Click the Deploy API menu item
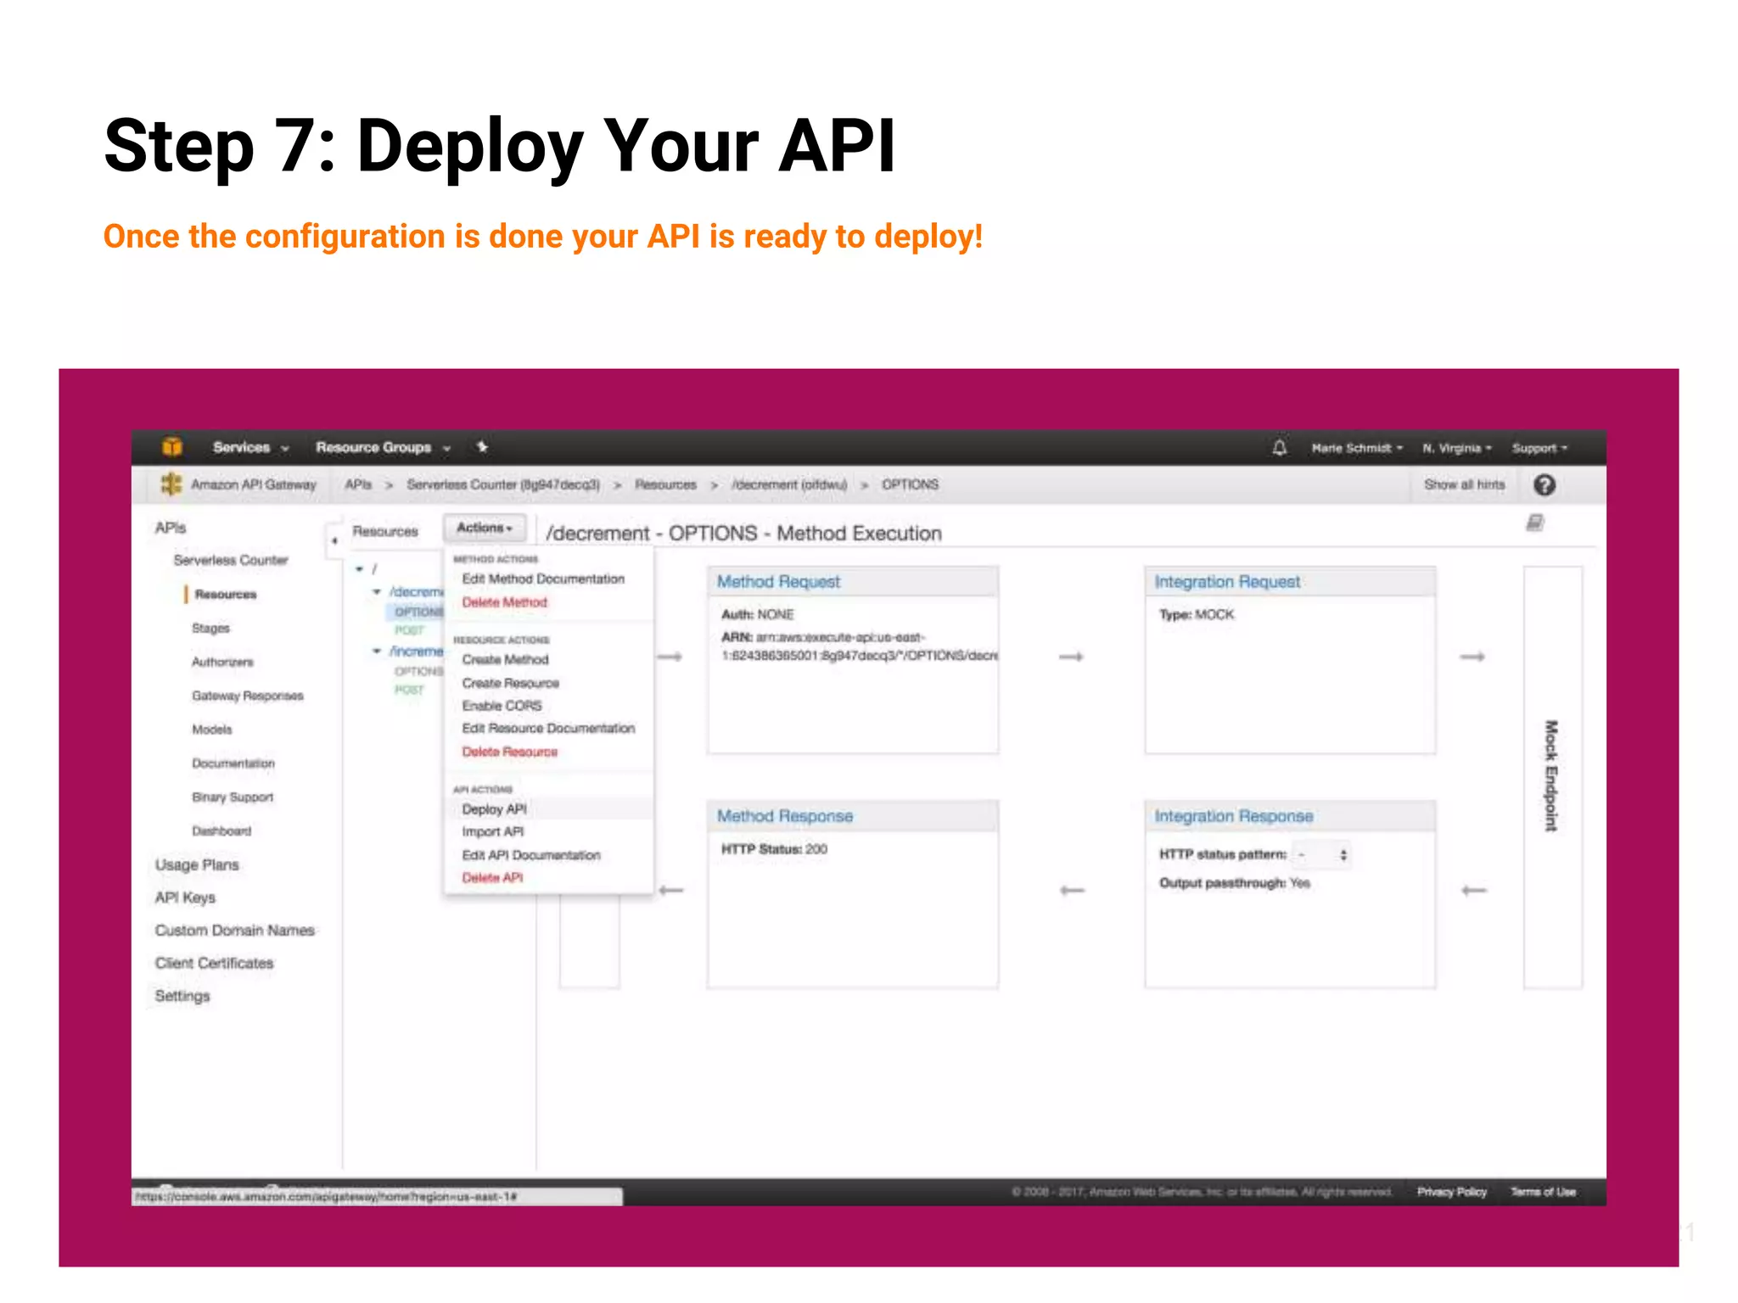click(495, 809)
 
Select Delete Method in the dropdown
click(504, 602)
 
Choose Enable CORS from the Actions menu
click(502, 706)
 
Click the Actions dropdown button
click(485, 528)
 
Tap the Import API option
click(493, 832)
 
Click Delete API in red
click(492, 878)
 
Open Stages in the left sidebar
click(210, 629)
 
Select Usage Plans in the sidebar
click(197, 865)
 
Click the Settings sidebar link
click(182, 996)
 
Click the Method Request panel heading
click(778, 582)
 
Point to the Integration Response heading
click(1233, 816)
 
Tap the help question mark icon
click(1545, 485)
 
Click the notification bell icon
click(1280, 448)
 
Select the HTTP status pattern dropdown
click(1321, 854)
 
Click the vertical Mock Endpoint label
click(1551, 775)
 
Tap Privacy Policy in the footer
click(1451, 1192)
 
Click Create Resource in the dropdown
click(510, 683)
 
